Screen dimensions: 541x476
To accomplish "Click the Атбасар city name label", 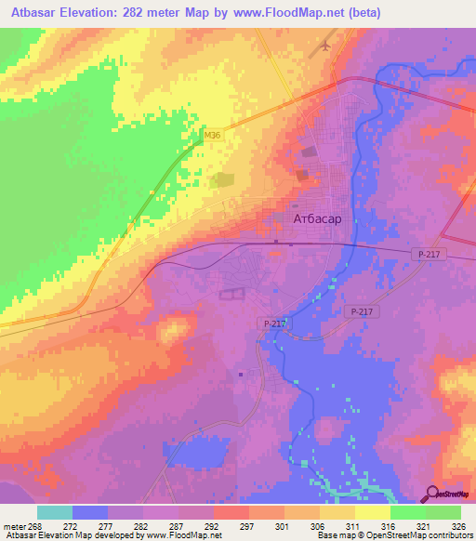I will (x=317, y=219).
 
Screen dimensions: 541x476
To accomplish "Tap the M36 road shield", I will (x=213, y=136).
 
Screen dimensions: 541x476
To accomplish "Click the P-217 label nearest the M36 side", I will (x=271, y=323).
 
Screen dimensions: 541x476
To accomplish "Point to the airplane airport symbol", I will (x=326, y=44).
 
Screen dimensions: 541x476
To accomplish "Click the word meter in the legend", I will (x=14, y=525).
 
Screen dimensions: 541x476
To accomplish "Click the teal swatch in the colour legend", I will (x=55, y=512).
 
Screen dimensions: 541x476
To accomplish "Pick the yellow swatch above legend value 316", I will (x=373, y=512).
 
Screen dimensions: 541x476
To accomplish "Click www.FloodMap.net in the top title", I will (x=290, y=13).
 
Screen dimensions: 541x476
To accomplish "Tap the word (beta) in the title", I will (x=363, y=13).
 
